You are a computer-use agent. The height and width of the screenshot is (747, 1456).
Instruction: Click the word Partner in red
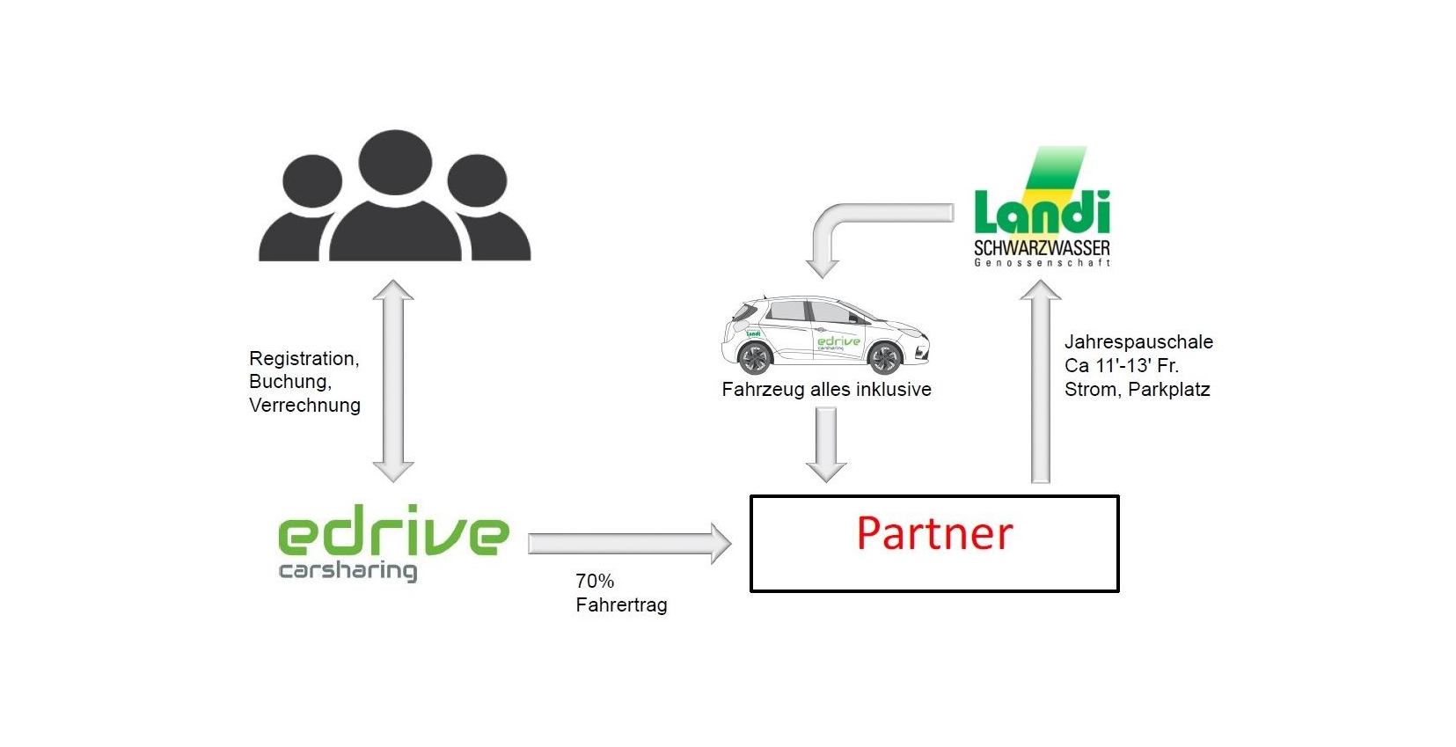tap(934, 533)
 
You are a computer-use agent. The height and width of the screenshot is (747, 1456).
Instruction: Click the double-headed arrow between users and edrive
tap(393, 381)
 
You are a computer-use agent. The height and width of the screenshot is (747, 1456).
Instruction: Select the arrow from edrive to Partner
tap(629, 543)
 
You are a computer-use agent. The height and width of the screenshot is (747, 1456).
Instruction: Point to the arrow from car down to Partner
tap(826, 444)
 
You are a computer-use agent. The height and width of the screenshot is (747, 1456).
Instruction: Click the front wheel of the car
tap(884, 357)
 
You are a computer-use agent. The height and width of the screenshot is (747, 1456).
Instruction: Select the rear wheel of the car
tap(754, 357)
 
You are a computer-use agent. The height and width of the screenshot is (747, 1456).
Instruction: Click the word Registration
tap(304, 358)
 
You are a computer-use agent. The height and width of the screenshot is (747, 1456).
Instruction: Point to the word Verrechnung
tap(304, 405)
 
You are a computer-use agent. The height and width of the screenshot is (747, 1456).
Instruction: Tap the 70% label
tap(595, 581)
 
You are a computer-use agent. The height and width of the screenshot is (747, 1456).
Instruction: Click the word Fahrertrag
tap(621, 604)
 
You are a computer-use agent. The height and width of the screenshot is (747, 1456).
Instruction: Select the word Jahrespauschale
tap(1138, 341)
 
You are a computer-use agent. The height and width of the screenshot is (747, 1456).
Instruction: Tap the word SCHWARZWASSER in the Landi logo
tap(1042, 248)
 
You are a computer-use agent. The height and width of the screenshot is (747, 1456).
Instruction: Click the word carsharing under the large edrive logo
tap(348, 570)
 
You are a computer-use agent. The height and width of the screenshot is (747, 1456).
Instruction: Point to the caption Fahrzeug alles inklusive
tap(826, 389)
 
